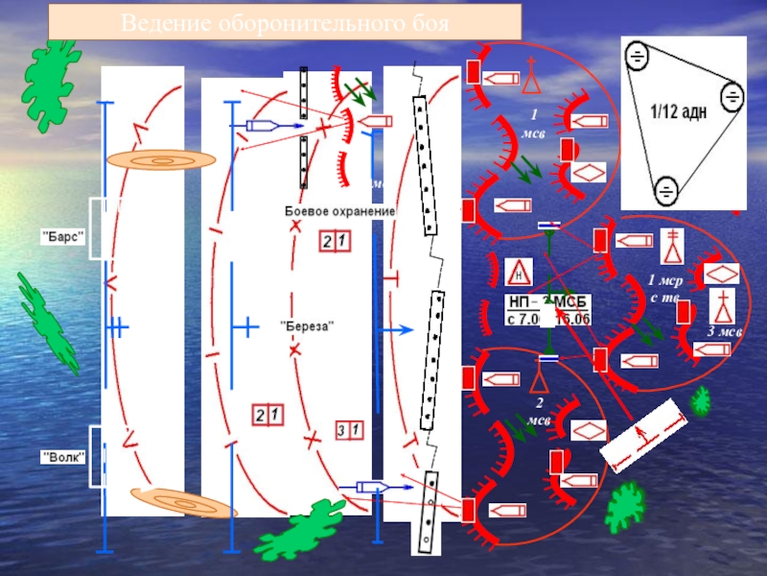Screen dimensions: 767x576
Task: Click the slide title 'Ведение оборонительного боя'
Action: click(285, 21)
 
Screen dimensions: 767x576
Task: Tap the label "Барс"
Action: click(63, 235)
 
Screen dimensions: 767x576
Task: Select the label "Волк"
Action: click(63, 457)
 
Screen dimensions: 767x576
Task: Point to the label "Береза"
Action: click(306, 326)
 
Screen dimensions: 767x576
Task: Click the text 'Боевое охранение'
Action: click(340, 210)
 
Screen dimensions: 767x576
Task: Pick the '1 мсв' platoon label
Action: click(534, 123)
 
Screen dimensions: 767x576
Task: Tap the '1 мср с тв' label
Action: click(663, 289)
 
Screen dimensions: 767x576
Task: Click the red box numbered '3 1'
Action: click(349, 430)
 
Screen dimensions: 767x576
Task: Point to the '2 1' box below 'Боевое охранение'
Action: click(335, 242)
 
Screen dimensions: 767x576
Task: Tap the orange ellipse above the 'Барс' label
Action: click(161, 160)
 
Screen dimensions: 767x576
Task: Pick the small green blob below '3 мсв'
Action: click(702, 400)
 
